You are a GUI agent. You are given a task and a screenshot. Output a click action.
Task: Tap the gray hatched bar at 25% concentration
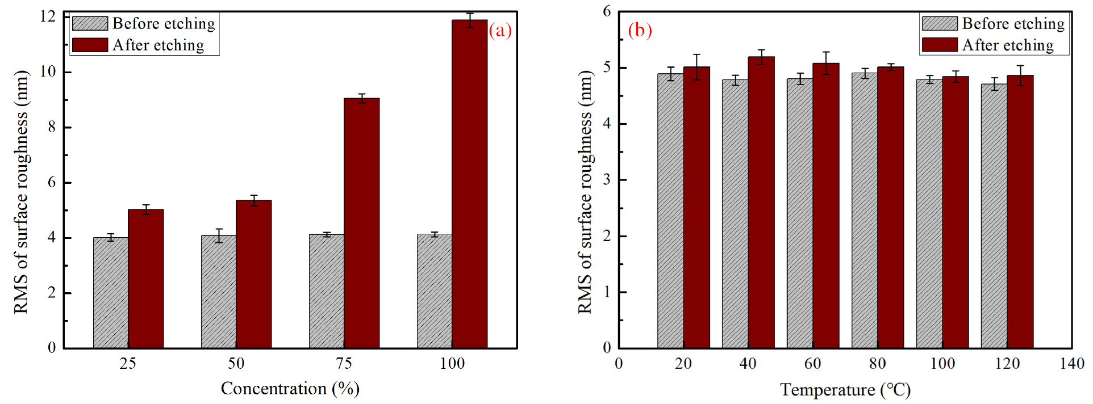click(x=111, y=292)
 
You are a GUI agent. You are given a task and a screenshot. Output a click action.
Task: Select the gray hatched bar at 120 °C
click(x=994, y=216)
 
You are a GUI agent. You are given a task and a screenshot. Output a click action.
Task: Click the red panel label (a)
click(x=500, y=30)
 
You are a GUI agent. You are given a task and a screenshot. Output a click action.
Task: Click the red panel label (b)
click(x=640, y=30)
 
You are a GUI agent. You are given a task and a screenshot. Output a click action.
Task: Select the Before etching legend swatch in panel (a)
click(x=90, y=23)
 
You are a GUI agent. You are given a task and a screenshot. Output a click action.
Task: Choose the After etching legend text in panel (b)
click(x=1007, y=45)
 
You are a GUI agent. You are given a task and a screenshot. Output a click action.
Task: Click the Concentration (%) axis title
click(x=290, y=389)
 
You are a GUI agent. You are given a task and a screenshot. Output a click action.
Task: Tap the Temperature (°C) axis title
click(x=845, y=390)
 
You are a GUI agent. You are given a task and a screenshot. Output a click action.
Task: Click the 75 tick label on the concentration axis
click(x=344, y=364)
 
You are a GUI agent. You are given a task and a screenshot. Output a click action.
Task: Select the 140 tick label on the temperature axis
click(x=1071, y=364)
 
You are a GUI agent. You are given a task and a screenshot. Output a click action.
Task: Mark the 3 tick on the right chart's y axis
click(x=607, y=180)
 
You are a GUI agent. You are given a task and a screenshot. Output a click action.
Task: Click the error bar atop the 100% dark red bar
click(x=470, y=20)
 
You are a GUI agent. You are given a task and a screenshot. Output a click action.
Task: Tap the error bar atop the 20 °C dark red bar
click(x=696, y=66)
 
